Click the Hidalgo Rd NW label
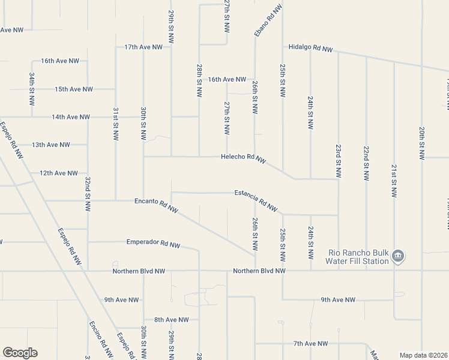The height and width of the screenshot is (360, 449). [x=310, y=47]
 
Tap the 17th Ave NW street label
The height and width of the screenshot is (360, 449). [x=143, y=47]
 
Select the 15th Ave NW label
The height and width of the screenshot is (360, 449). [x=74, y=89]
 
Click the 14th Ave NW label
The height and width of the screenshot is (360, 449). [x=71, y=117]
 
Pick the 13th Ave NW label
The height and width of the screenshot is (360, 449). [x=51, y=145]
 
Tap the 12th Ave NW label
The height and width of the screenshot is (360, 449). [x=59, y=173]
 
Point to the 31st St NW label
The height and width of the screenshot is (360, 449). [x=115, y=124]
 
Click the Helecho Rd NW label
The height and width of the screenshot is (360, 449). [x=243, y=158]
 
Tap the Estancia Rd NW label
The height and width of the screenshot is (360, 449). [x=256, y=200]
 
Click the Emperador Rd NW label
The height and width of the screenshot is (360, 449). [x=154, y=244]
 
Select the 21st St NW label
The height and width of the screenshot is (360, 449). [x=394, y=181]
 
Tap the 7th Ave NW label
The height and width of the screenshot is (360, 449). [x=311, y=343]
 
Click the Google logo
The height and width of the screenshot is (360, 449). [x=20, y=353]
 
